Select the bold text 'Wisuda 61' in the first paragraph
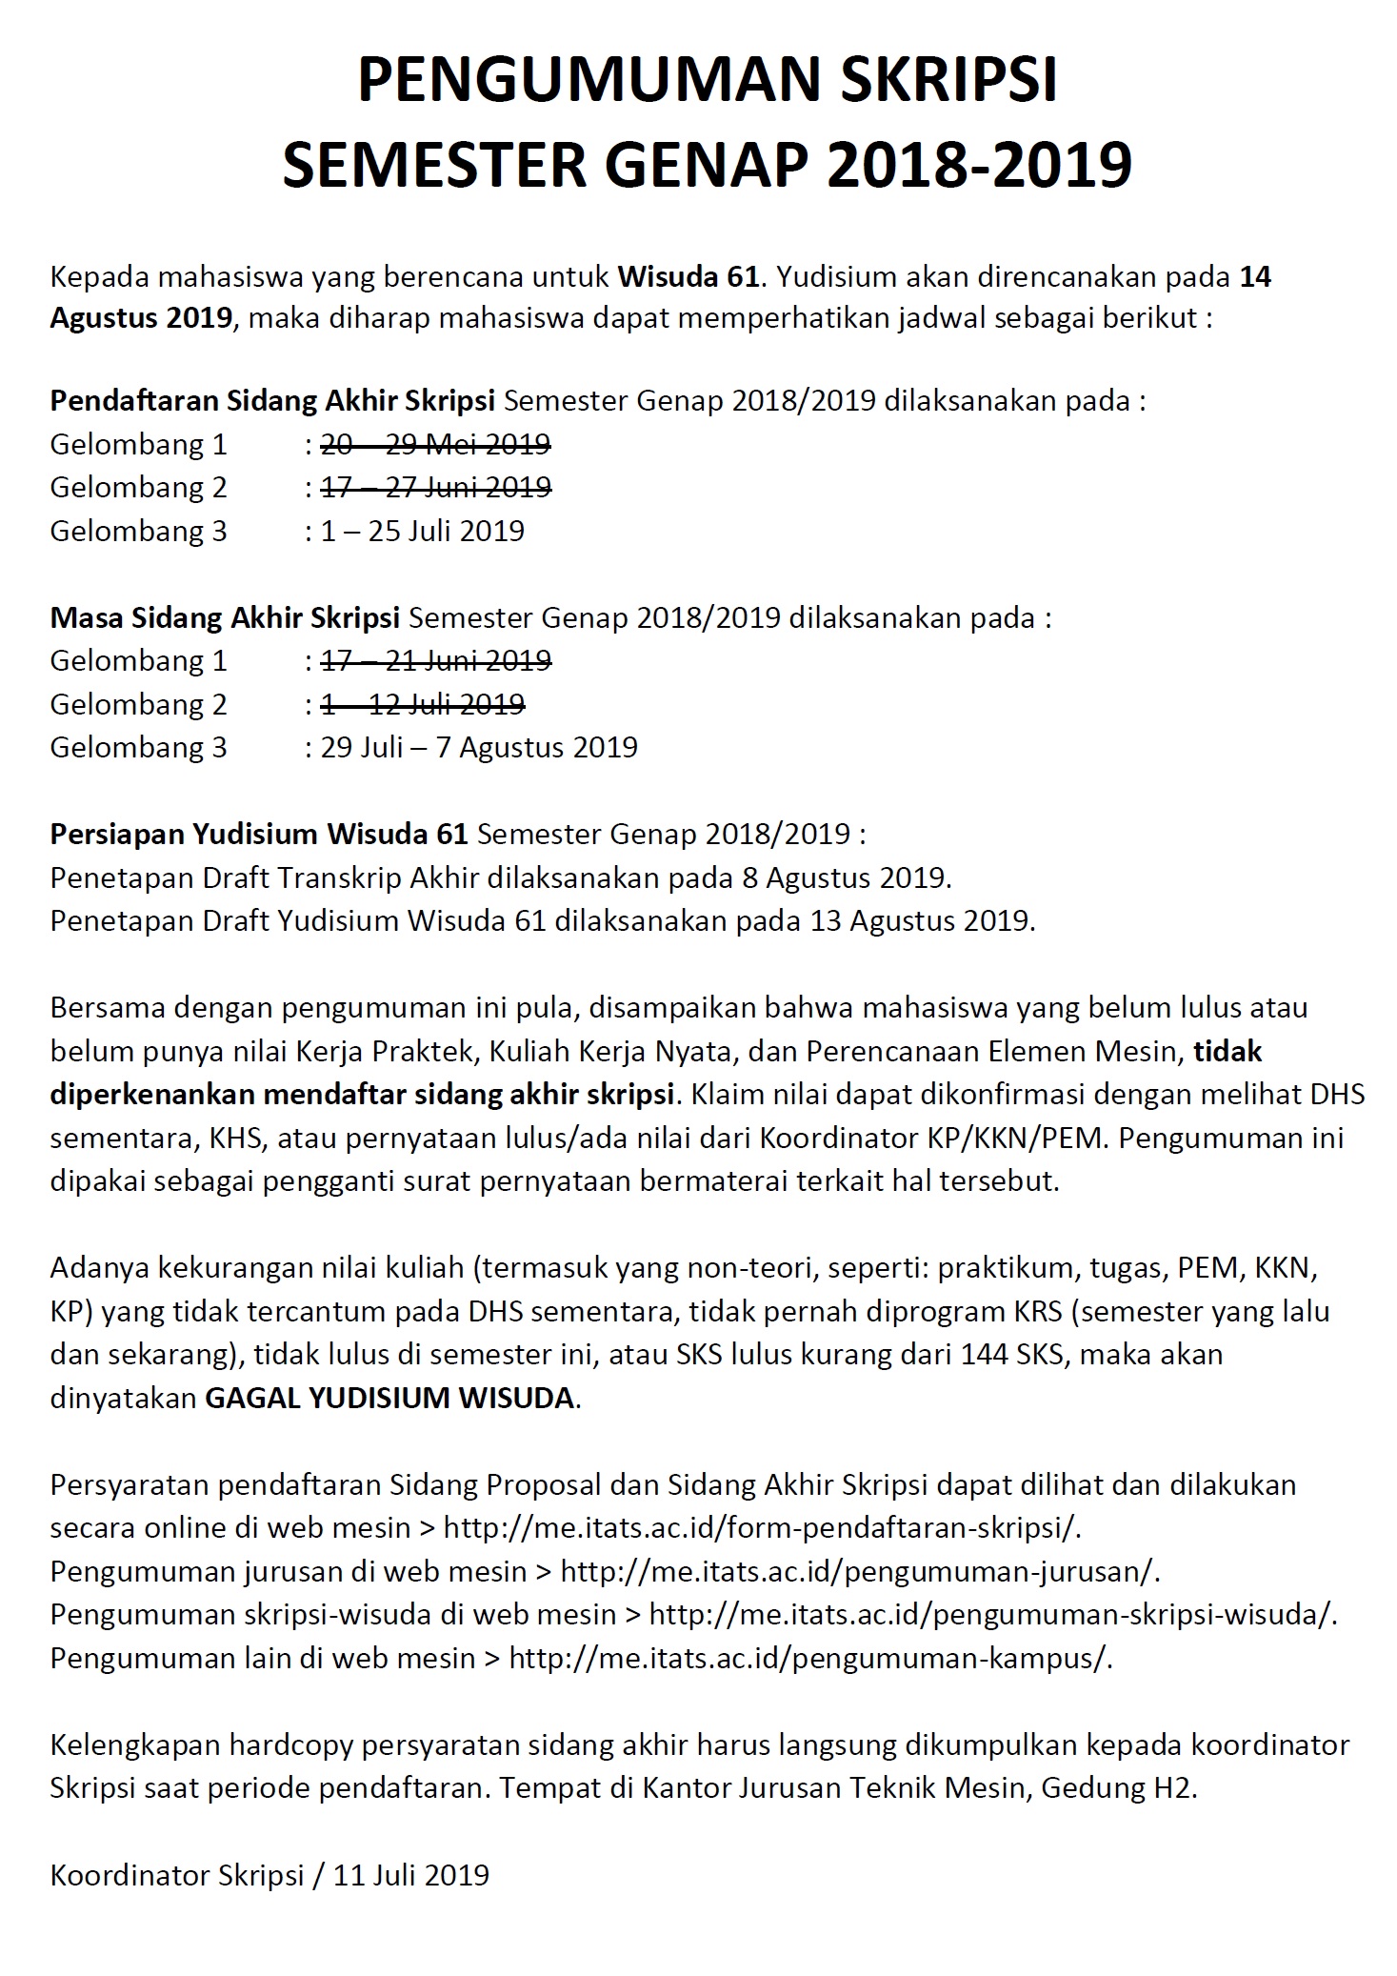689,277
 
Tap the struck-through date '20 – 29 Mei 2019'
435,444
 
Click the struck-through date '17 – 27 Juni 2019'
435,488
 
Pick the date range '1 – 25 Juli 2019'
422,531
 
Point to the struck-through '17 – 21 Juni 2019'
435,660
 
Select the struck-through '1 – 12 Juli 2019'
422,704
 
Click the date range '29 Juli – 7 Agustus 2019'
479,747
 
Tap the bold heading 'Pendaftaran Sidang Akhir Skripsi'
272,400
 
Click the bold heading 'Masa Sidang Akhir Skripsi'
225,618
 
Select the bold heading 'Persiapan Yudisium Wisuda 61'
259,835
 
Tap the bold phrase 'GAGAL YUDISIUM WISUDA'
390,1398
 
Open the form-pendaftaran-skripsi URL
762,1527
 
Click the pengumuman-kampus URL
810,1658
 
